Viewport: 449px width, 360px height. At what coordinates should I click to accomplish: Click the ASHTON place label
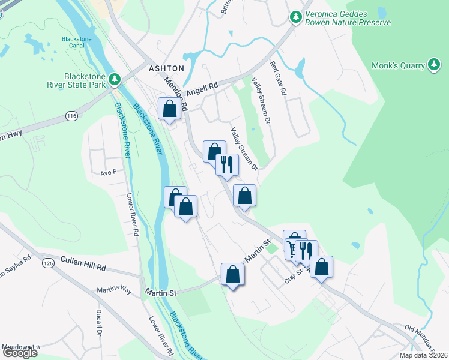click(167, 68)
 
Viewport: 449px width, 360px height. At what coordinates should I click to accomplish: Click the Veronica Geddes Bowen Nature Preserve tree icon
click(295, 17)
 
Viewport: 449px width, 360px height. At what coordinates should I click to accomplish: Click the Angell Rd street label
click(201, 90)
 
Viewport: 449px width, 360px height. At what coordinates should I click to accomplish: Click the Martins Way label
click(114, 290)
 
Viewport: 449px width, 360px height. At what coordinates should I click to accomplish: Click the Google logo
click(19, 352)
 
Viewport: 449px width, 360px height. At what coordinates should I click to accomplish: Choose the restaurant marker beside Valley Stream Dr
click(227, 165)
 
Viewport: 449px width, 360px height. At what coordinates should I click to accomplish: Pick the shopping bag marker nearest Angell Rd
click(170, 109)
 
